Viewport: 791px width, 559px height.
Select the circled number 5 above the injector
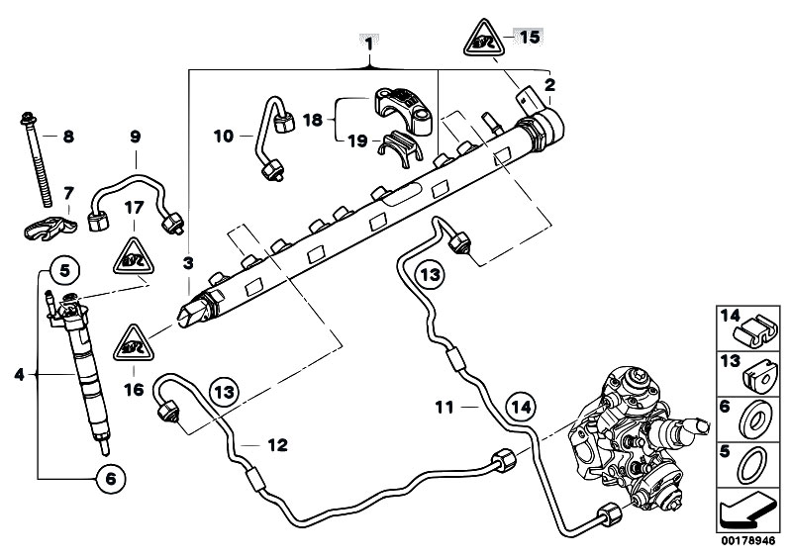coord(62,268)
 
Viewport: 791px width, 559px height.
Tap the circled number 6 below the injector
coord(110,479)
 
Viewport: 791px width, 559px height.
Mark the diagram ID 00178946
coord(747,541)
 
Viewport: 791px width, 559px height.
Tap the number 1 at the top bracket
coord(368,45)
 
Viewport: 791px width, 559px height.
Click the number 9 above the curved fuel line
coord(136,139)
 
